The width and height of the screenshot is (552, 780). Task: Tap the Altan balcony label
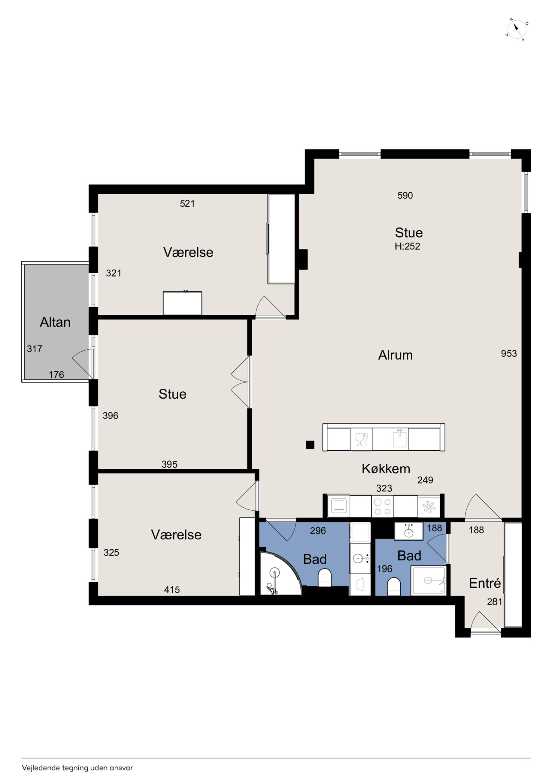pyautogui.click(x=55, y=322)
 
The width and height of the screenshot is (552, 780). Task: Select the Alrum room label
pyautogui.click(x=395, y=355)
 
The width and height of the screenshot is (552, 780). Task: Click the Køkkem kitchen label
pyautogui.click(x=386, y=469)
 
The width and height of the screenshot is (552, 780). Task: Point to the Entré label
pyautogui.click(x=485, y=583)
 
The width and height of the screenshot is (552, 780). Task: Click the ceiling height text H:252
pyautogui.click(x=407, y=246)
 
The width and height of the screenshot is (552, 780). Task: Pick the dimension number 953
pyautogui.click(x=509, y=354)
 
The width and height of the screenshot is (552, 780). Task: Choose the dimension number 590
pyautogui.click(x=405, y=195)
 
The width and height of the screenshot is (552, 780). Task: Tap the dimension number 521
pyautogui.click(x=187, y=203)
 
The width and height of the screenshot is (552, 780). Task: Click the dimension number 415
pyautogui.click(x=172, y=590)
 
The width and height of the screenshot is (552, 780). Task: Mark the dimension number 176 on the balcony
pyautogui.click(x=56, y=375)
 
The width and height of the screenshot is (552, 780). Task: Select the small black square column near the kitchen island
pyautogui.click(x=310, y=445)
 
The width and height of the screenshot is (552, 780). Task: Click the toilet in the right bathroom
pyautogui.click(x=394, y=587)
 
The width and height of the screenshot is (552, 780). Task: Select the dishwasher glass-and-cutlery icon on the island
pyautogui.click(x=362, y=439)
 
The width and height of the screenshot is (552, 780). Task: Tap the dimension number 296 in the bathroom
pyautogui.click(x=318, y=531)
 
